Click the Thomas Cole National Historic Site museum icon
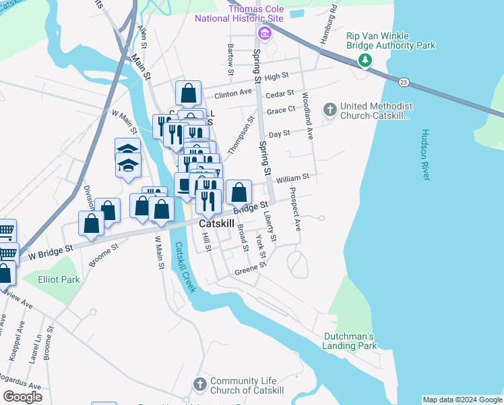coord(264,34)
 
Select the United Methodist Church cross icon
coord(330,109)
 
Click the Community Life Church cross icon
coord(199,384)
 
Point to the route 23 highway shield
coord(403,82)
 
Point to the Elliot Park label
coord(59,279)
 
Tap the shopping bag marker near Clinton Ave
coord(188,92)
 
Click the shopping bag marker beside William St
coord(239,192)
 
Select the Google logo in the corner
coord(22,397)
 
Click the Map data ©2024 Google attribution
coord(462,400)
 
